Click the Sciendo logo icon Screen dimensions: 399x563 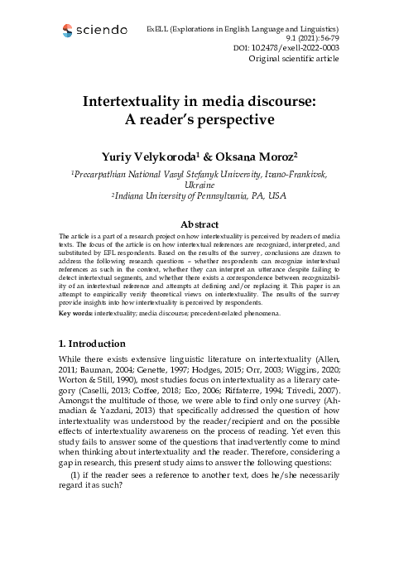[67, 32]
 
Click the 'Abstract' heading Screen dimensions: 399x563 [199, 224]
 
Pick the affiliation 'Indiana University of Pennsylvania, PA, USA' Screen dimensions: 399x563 [200, 195]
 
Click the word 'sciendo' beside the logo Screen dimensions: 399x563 [100, 31]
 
